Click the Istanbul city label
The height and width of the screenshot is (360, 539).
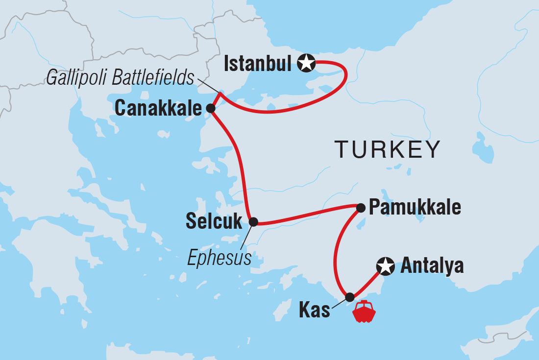[x=258, y=64]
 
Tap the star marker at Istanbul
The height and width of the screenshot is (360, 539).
[x=306, y=63]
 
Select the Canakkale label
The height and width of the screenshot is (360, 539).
[x=158, y=109]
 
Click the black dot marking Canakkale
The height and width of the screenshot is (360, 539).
[x=210, y=108]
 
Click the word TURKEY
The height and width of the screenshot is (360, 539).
[x=387, y=149]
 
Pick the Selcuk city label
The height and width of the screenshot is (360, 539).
[x=214, y=222]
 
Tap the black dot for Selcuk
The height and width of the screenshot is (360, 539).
[x=253, y=222]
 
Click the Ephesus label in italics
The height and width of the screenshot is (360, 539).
[x=219, y=258]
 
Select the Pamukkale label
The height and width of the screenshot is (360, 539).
[x=415, y=208]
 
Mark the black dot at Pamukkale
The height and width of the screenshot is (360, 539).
[x=361, y=208]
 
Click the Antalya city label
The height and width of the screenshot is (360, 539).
[x=432, y=266]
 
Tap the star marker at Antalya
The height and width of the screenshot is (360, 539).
[x=385, y=266]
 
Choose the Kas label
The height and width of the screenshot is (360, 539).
[x=314, y=311]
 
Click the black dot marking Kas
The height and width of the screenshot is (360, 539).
[x=349, y=297]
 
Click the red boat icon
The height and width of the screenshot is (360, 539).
[x=364, y=312]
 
